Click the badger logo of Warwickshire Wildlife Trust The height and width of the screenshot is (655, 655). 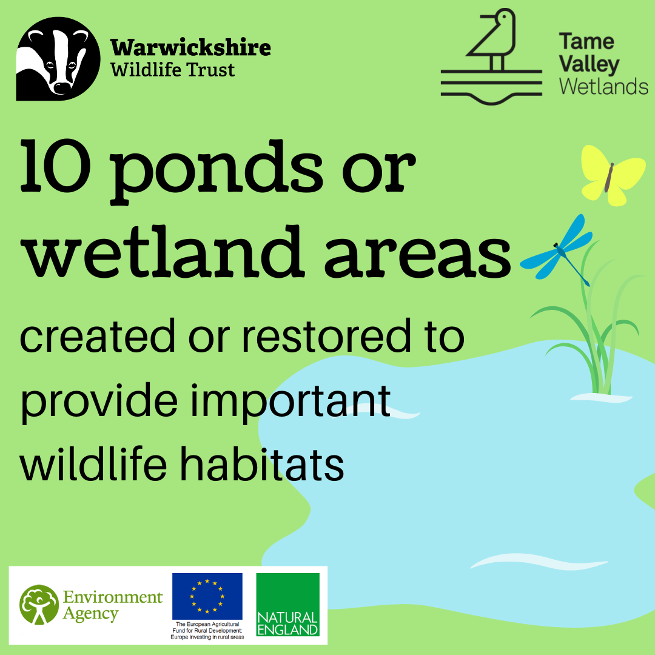[x=58, y=58]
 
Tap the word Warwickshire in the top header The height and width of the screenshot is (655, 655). [x=190, y=48]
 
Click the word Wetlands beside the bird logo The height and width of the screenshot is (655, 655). [x=603, y=87]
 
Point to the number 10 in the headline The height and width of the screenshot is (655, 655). [x=56, y=166]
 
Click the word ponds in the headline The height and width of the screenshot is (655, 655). [x=217, y=171]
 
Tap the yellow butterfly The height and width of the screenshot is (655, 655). [x=612, y=175]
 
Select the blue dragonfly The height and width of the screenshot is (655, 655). [x=558, y=249]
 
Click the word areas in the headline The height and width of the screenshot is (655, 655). [x=417, y=255]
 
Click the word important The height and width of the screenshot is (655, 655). [x=291, y=401]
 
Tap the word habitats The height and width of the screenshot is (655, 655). [x=262, y=463]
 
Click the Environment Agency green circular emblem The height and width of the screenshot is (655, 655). [x=39, y=605]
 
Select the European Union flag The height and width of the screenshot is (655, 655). [x=207, y=596]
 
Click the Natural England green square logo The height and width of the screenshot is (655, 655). [x=288, y=605]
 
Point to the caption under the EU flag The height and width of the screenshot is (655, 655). [x=207, y=631]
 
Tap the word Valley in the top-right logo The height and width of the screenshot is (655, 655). [x=589, y=65]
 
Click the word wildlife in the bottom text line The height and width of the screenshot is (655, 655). [x=93, y=463]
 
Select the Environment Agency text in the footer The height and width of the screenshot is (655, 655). [x=113, y=605]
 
